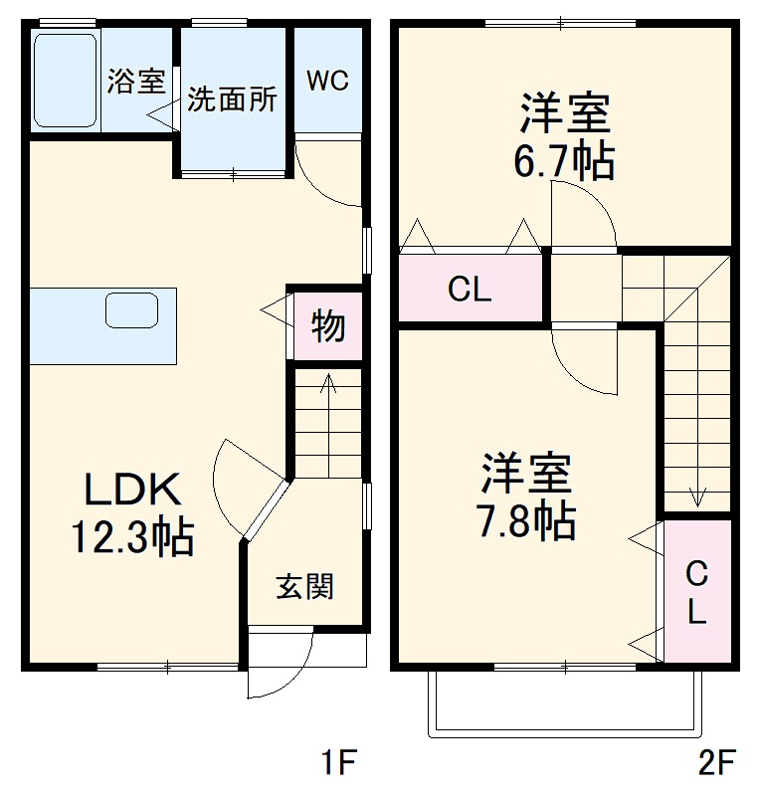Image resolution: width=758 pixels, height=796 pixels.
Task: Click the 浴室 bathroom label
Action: [x=135, y=82]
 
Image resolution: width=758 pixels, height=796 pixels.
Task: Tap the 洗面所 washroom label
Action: [x=233, y=100]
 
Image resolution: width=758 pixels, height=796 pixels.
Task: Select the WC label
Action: [x=327, y=81]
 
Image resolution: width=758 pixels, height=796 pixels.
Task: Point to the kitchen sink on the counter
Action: [x=132, y=310]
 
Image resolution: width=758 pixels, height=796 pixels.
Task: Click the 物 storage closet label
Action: [x=327, y=325]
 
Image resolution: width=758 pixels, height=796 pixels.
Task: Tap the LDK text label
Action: [x=130, y=490]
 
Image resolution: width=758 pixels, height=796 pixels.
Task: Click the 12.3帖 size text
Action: [x=130, y=538]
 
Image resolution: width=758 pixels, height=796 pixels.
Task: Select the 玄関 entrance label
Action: [x=304, y=587]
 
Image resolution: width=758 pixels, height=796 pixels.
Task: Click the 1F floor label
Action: [x=338, y=764]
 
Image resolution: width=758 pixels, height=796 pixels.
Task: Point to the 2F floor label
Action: [x=716, y=764]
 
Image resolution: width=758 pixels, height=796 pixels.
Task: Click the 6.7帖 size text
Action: [x=564, y=161]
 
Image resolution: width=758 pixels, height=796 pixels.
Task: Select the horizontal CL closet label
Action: [x=470, y=291]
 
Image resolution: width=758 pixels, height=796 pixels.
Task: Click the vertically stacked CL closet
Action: [x=697, y=593]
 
